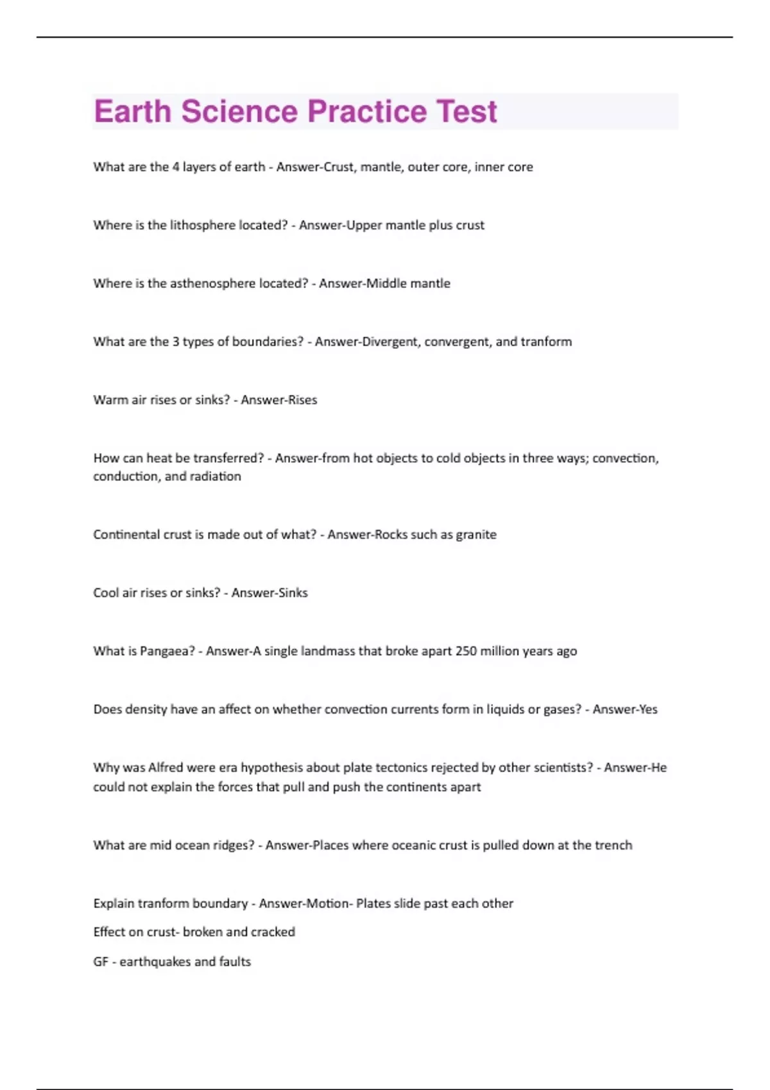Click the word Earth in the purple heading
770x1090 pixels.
pos(132,112)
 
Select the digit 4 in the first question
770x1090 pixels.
pos(175,167)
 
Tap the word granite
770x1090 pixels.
pos(476,535)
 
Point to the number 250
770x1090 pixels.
pos(466,651)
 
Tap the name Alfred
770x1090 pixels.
pos(166,767)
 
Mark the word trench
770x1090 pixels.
pos(613,845)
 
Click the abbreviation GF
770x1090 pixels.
pos(101,962)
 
